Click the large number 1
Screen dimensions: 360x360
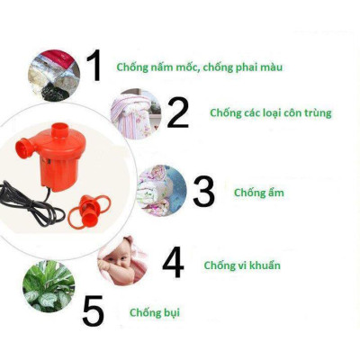click(94, 66)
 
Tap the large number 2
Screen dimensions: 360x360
click(177, 112)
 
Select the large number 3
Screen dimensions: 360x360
click(203, 192)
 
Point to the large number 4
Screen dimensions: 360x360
click(173, 263)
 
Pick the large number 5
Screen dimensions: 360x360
click(93, 310)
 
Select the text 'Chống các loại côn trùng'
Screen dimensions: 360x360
click(270, 113)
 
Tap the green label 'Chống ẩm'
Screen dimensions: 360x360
click(255, 192)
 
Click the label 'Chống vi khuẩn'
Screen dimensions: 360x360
click(242, 265)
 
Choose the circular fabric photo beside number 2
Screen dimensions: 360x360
click(135, 114)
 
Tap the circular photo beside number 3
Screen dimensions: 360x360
click(161, 191)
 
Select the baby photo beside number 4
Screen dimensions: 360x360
click(123, 260)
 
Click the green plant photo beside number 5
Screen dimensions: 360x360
click(49, 286)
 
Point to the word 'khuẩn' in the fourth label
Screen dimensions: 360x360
click(263, 265)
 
